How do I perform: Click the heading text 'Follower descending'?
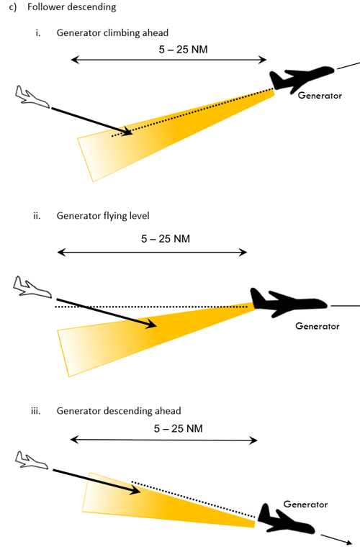coord(71,7)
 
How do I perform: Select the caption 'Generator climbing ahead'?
coord(112,32)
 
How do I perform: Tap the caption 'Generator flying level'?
coord(103,215)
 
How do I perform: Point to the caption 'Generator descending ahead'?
coord(119,411)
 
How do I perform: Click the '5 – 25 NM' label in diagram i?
coord(183,49)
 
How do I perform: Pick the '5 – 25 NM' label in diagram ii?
coord(166,239)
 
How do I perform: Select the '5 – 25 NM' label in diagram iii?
coord(179,428)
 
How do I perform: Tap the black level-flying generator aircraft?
coord(288,302)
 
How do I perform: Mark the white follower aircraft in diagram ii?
coord(32,287)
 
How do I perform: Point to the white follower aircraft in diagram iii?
coord(32,461)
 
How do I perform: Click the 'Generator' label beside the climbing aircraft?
coord(320,96)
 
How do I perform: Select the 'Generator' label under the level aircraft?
coord(318,326)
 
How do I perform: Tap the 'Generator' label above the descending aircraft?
coord(305,505)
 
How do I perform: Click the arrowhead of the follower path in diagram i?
coord(127,132)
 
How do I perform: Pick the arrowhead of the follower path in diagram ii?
coord(151,324)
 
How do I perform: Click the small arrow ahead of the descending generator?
coord(336,539)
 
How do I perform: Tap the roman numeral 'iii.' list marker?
coord(35,411)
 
